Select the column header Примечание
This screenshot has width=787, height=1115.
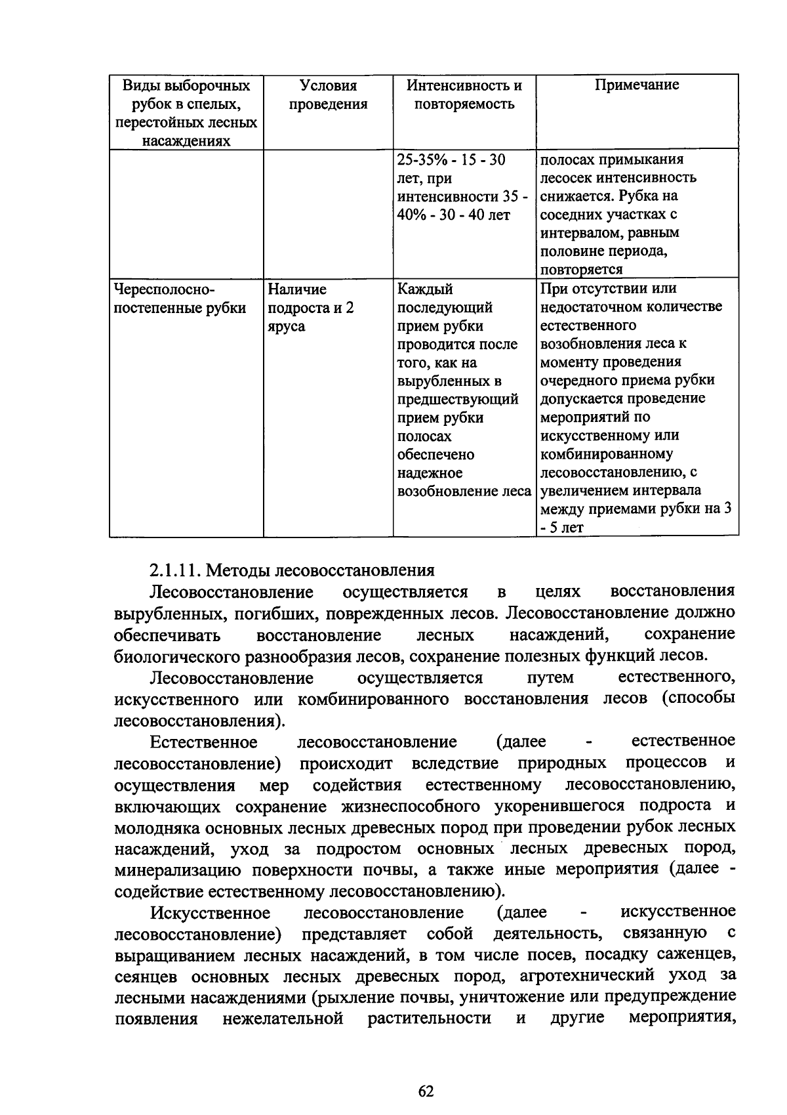(637, 85)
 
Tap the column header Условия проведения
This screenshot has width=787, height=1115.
(328, 95)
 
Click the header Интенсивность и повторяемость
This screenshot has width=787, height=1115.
(464, 95)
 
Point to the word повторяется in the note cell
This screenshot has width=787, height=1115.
(581, 269)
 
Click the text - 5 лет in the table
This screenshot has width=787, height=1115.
(562, 527)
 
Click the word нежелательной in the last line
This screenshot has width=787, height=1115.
(283, 1019)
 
